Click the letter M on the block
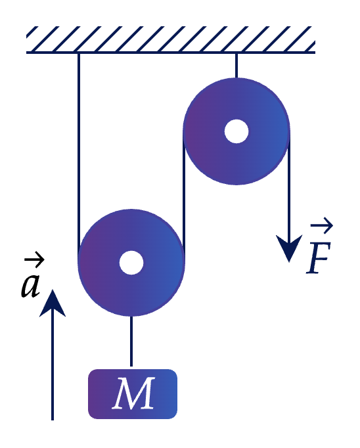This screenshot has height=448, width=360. (133, 393)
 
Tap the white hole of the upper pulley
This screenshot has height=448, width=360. (236, 131)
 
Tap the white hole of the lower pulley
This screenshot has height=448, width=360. (131, 263)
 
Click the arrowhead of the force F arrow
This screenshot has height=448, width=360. (289, 248)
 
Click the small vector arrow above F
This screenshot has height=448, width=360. (322, 225)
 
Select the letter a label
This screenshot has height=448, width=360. (30, 286)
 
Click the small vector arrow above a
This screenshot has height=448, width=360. (34, 259)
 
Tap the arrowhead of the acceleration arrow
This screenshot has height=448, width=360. (53, 303)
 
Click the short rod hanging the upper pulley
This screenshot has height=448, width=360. (236, 66)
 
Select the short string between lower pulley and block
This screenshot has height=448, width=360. (131, 341)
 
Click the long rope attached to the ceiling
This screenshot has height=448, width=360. (79, 156)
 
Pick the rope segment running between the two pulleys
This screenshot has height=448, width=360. (184, 197)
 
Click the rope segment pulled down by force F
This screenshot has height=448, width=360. (289, 189)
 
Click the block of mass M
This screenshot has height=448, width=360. (133, 394)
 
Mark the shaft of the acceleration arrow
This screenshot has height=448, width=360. (53, 366)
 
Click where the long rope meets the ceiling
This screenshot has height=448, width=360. (79, 53)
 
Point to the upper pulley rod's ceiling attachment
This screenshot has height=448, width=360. (236, 53)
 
